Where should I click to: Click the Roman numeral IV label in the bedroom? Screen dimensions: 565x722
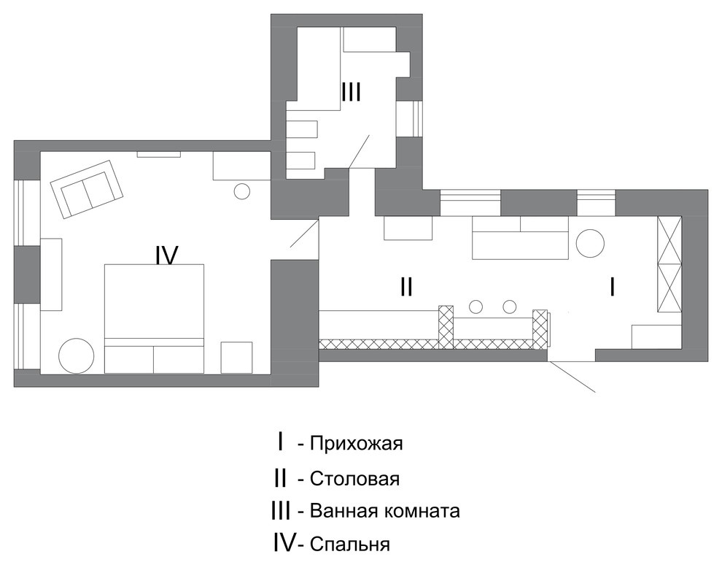pos(167,255)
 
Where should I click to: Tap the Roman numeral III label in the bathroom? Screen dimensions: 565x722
pos(351,92)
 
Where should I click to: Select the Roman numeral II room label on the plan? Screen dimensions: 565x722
pos(406,288)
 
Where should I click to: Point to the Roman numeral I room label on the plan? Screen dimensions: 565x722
pos(611,288)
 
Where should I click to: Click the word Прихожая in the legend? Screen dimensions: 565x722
pos(355,444)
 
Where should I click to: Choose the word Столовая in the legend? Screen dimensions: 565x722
pos(354,480)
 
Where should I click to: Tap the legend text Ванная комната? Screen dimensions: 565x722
pos(384,511)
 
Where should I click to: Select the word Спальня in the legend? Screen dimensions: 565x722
pos(349,545)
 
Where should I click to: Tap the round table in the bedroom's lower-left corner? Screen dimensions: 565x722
pos(76,356)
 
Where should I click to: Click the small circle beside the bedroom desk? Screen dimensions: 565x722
pos(242,191)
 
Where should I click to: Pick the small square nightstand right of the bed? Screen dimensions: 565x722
pos(236,357)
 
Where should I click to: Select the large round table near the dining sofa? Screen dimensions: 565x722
pos(590,244)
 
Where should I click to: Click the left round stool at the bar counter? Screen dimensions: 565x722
pos(476,306)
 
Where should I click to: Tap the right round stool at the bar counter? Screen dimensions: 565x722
pos(510,306)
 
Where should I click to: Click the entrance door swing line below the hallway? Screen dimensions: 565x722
pos(573,377)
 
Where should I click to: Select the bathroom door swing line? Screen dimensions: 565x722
pos(360,151)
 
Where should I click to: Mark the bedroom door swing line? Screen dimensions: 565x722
pos(303,233)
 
